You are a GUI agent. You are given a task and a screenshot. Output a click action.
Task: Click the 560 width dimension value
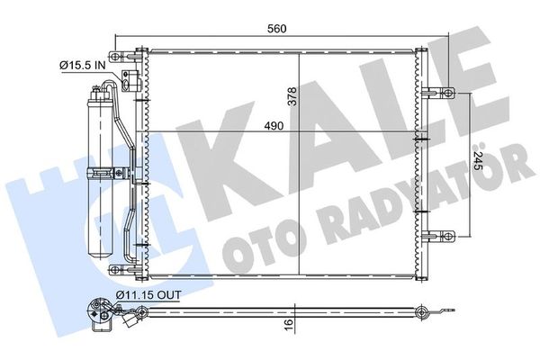[277, 29]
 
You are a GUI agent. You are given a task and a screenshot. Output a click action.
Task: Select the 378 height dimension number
[292, 96]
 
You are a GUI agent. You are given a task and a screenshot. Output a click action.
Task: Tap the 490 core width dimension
[274, 126]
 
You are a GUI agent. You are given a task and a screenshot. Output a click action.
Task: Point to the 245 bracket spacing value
[478, 160]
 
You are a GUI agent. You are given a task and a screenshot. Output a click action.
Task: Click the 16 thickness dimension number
[289, 324]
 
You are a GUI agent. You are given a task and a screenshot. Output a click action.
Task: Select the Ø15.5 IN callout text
[83, 65]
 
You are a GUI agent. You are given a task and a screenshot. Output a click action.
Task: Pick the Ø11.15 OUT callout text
[148, 295]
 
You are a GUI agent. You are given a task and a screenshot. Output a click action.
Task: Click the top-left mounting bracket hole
[114, 56]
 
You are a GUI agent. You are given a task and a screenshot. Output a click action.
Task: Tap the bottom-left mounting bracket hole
[114, 269]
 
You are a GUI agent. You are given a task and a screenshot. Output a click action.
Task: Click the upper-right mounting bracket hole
[447, 93]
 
